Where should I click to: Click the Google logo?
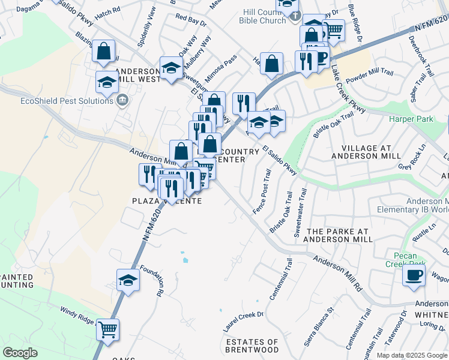tap(20, 353)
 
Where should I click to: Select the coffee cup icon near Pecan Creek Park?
tap(414, 275)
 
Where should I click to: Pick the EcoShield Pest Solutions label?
tap(67, 101)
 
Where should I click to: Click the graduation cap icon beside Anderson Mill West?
tap(107, 82)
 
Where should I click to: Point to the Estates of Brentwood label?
tap(252, 345)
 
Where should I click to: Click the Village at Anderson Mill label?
tap(371, 152)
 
